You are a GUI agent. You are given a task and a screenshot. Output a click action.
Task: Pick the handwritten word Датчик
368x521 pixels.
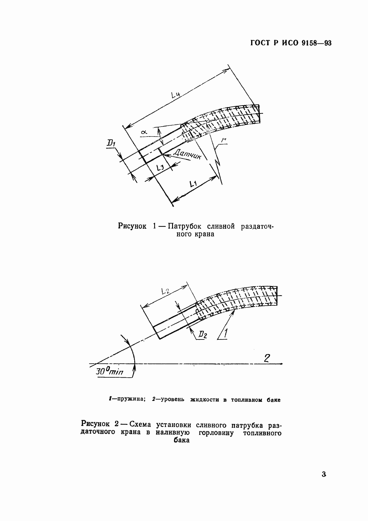(x=187, y=153)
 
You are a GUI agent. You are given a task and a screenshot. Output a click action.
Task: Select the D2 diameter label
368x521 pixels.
(x=203, y=335)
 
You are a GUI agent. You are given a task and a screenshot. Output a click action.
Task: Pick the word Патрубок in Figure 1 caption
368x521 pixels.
(x=185, y=226)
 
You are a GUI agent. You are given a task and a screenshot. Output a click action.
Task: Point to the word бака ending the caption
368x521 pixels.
(x=181, y=440)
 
